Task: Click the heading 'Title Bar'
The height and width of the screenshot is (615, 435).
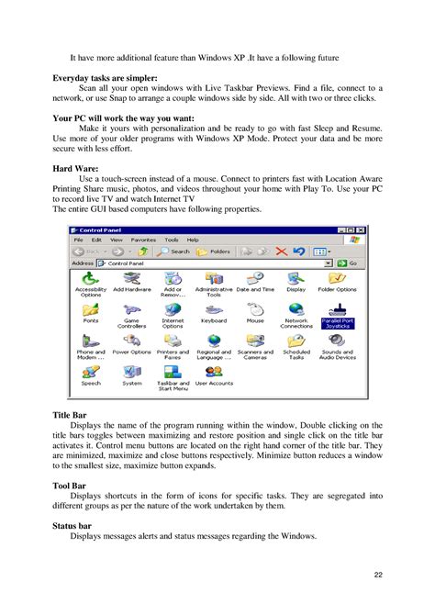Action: (x=69, y=415)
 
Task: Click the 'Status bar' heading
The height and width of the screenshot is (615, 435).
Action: (x=73, y=526)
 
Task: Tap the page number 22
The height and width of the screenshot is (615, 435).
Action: (x=378, y=575)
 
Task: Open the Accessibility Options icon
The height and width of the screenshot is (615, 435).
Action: (x=90, y=278)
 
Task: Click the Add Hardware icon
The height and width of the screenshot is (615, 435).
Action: (x=131, y=278)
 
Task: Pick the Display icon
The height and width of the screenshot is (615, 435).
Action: (x=296, y=278)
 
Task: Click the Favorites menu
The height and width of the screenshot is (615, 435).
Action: (x=143, y=239)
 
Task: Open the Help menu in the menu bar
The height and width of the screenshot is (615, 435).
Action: (x=193, y=239)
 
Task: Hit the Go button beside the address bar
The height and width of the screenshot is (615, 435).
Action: (x=350, y=263)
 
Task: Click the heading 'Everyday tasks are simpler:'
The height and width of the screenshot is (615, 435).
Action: (x=105, y=79)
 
